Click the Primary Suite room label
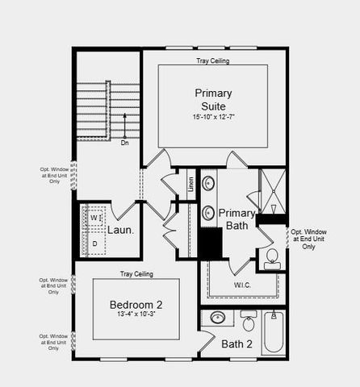pos(212,99)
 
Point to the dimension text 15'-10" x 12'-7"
pos(212,118)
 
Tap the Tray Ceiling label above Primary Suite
pos(212,61)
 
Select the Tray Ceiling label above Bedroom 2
pos(136,274)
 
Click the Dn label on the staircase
pos(124,144)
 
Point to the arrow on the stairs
pos(124,125)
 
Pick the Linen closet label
pos(191,184)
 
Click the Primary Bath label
pos(237,219)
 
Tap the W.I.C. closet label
pos(242,285)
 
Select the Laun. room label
pos(120,230)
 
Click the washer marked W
pos(94,218)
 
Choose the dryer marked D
pos(94,243)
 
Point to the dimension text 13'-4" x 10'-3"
pos(136,315)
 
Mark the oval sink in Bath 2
pos(217,318)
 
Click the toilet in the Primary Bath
pos(271,258)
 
